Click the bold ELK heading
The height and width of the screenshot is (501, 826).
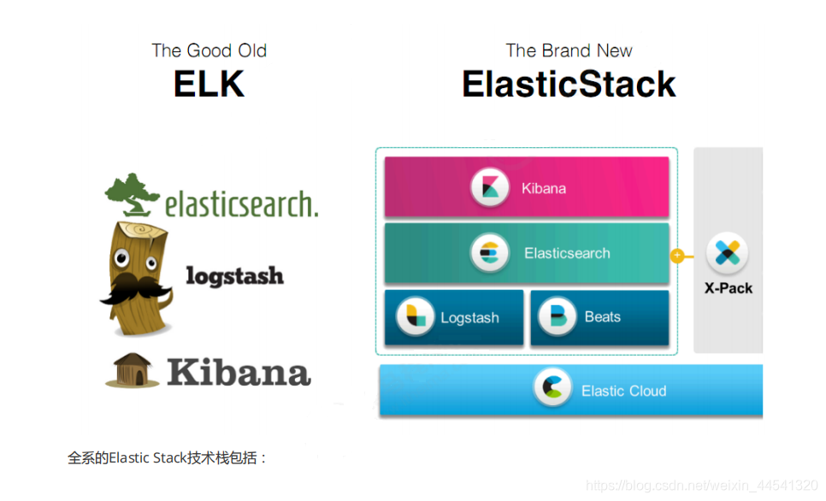point(209,84)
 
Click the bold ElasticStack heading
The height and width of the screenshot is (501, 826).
point(569,84)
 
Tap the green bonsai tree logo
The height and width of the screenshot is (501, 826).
point(132,195)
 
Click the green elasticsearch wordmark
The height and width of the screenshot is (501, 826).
point(242,204)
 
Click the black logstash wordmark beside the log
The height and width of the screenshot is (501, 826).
point(235,276)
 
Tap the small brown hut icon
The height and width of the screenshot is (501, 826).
point(133,370)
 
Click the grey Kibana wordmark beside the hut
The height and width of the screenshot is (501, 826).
point(239,373)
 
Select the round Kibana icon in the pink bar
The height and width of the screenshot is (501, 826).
point(490,187)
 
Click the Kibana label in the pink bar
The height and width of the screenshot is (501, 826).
point(544,189)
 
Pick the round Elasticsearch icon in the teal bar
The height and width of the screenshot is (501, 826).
point(490,252)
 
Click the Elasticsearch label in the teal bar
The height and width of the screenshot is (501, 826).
point(567,253)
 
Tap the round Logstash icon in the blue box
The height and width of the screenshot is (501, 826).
point(415,316)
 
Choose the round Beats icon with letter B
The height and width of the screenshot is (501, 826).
point(557,316)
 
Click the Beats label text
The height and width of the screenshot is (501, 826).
point(603,316)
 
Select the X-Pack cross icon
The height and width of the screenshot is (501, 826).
point(728,253)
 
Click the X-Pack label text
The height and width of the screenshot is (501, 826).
point(729,288)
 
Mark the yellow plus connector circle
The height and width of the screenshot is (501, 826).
point(677,256)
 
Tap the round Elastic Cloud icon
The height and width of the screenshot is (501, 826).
point(552,387)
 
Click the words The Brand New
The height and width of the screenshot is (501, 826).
point(569,50)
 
